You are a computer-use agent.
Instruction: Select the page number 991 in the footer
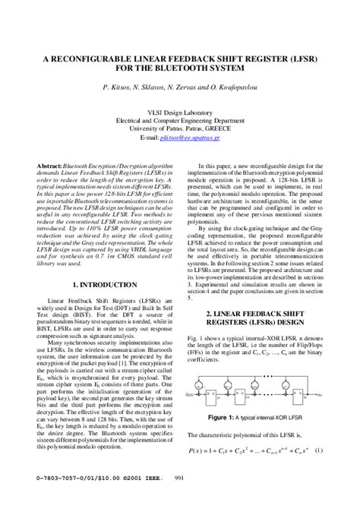point(181,498)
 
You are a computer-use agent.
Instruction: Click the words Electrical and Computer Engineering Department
point(180,120)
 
